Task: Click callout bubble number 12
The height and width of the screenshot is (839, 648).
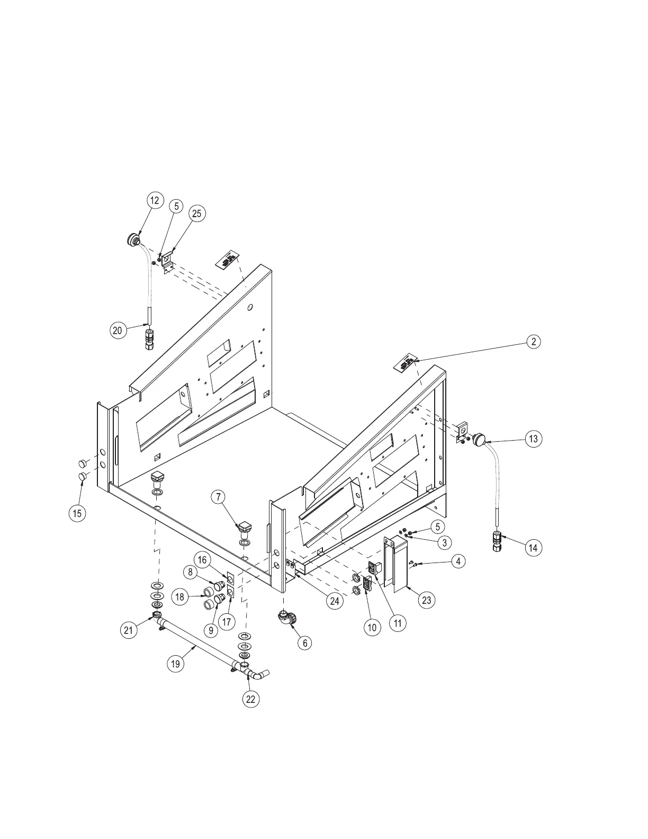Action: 155,200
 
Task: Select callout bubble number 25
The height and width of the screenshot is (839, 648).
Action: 197,213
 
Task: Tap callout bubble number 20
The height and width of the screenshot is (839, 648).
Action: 118,331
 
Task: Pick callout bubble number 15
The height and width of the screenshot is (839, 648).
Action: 78,513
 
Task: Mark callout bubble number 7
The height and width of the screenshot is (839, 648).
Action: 218,497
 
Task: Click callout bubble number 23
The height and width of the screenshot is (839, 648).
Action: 426,600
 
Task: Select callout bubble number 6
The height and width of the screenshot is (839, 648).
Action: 304,642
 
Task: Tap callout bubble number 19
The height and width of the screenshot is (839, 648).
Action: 175,664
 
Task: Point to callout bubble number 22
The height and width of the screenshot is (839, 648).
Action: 251,699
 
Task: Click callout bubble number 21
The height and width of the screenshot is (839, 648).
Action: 128,630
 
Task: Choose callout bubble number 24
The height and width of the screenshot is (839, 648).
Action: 334,601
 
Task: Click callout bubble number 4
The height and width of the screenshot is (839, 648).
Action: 458,561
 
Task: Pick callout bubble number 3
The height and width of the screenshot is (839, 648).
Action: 444,542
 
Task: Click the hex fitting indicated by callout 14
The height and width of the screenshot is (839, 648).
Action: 498,541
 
